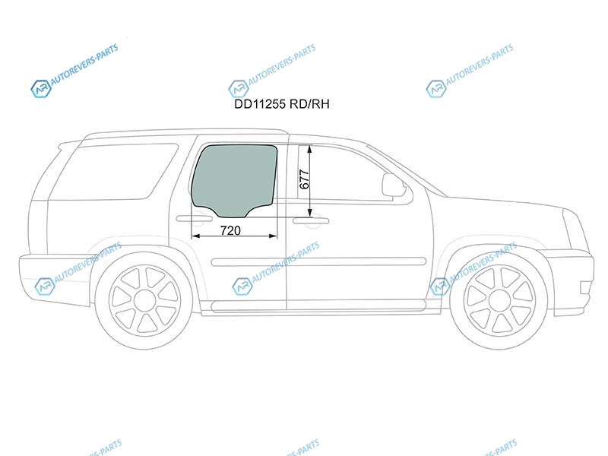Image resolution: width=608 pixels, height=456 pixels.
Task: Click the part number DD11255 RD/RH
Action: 282,104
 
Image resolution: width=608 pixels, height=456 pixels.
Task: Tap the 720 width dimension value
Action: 230,231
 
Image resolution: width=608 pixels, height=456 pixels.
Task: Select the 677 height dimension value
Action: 305,179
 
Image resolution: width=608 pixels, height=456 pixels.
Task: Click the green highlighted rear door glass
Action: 235,180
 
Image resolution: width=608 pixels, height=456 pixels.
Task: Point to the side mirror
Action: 393,185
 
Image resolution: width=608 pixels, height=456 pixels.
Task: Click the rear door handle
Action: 195,219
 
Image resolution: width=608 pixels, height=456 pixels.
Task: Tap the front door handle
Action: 311,221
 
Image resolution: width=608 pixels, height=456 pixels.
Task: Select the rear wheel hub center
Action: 144,299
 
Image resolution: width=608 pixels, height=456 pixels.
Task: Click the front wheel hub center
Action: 499,301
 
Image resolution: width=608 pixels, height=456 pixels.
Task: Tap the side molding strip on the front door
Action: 356,261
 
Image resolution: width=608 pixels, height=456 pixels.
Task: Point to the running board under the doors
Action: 318,306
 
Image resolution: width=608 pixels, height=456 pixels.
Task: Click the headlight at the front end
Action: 576,230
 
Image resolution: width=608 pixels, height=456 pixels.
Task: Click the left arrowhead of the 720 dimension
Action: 196,236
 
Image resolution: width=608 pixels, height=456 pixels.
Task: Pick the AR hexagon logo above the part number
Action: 239,89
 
